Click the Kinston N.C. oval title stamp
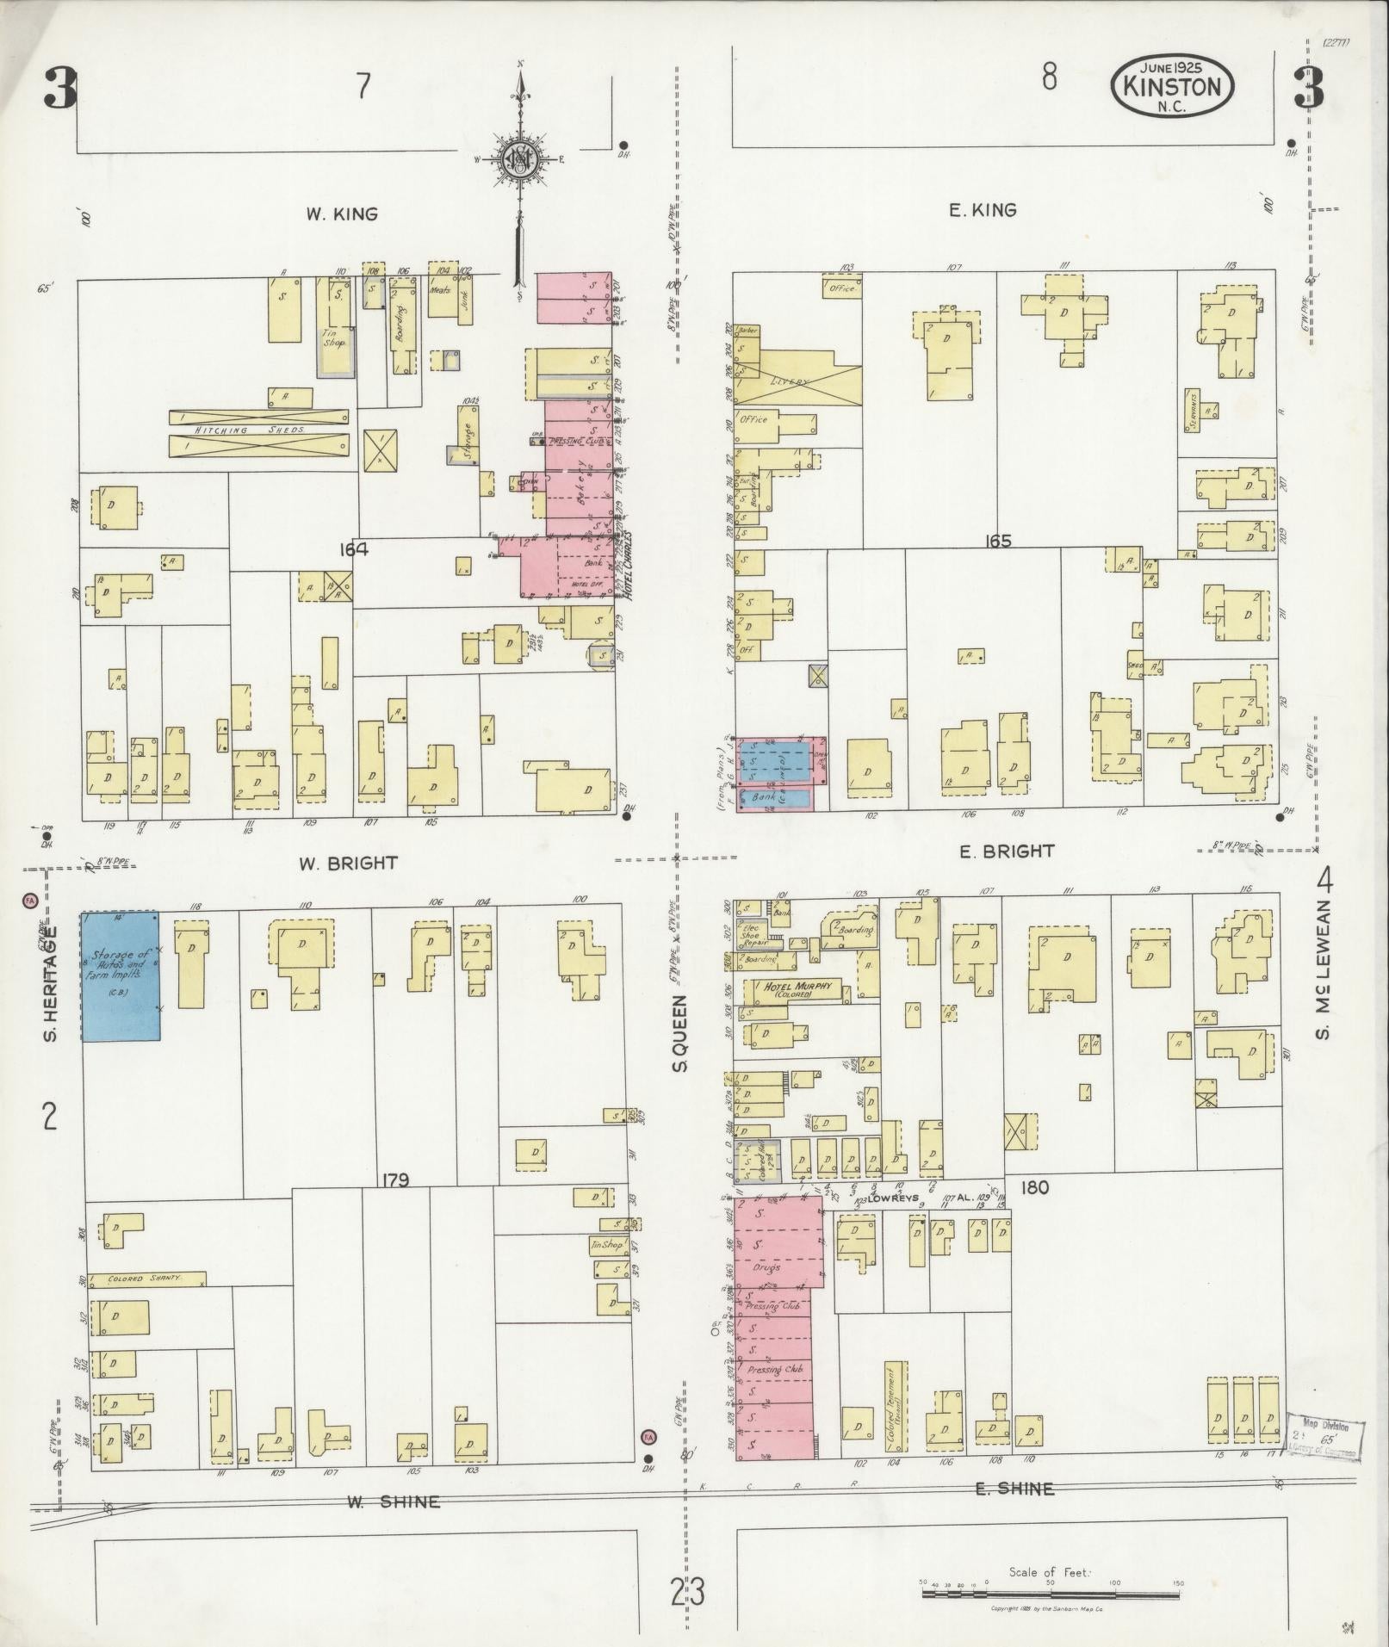[1172, 87]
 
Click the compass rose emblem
[521, 158]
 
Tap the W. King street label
[342, 214]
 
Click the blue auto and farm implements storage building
[121, 975]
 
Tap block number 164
[353, 549]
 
